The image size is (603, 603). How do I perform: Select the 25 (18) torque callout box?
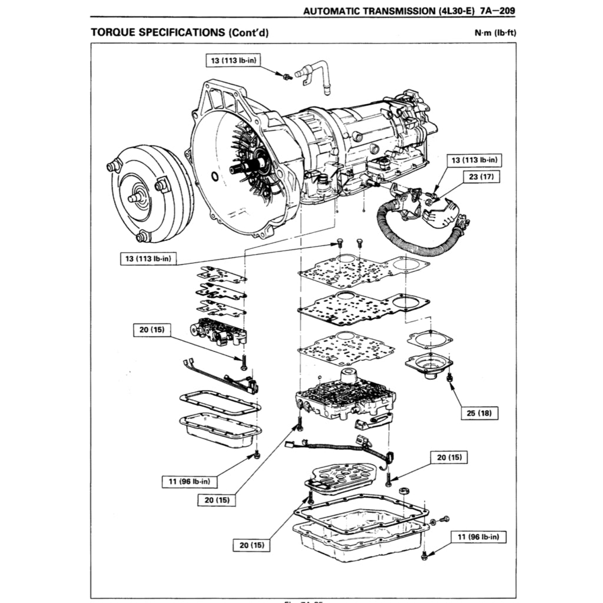479,413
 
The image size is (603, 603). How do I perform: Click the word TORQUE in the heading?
112,32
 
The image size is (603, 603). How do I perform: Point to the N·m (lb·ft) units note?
495,32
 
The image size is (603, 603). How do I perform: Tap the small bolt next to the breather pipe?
286,76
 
